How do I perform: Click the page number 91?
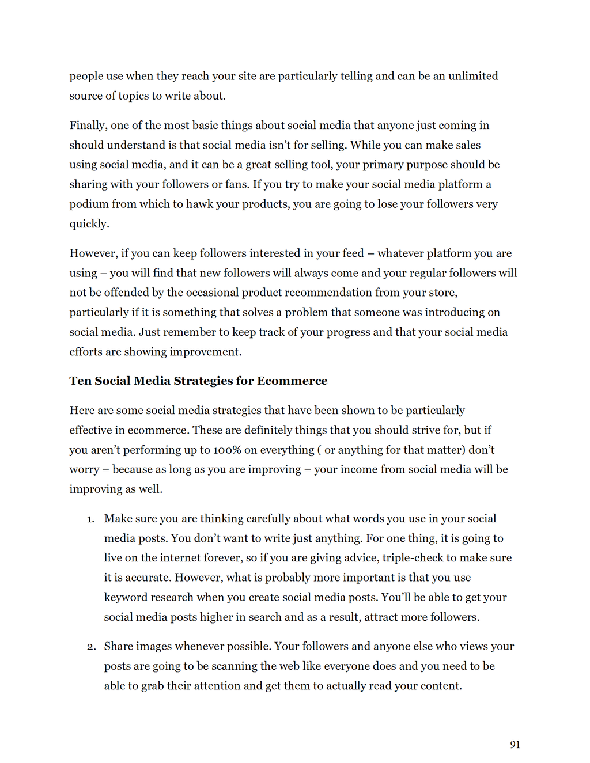click(x=515, y=745)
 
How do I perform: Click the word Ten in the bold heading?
click(x=80, y=381)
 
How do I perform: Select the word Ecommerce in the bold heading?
click(x=292, y=381)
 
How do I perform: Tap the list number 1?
click(x=90, y=519)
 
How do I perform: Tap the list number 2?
click(x=91, y=647)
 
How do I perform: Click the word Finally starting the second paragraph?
click(x=88, y=126)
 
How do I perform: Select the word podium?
click(x=89, y=204)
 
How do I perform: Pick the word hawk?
click(x=199, y=204)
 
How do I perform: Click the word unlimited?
click(x=473, y=76)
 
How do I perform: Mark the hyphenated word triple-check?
click(x=413, y=557)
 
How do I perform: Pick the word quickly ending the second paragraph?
click(x=89, y=224)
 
